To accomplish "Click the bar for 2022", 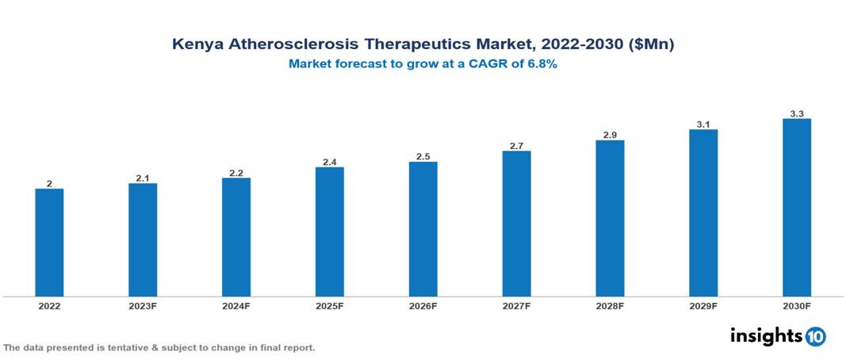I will click(x=49, y=243).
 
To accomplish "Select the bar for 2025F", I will click(x=330, y=232).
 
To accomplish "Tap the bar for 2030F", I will click(x=797, y=208).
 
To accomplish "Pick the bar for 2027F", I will click(x=516, y=224).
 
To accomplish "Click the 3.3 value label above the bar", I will click(x=797, y=114).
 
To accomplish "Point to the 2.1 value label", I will click(x=143, y=178).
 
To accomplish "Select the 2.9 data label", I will click(x=610, y=136).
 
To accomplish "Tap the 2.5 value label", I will click(x=423, y=157).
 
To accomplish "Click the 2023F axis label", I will click(x=143, y=305).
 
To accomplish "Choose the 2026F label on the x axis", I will click(x=423, y=305).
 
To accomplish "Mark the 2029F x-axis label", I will click(x=703, y=305).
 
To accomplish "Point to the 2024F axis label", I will click(x=236, y=305).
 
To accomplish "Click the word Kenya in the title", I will click(x=197, y=45).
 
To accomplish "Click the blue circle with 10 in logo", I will click(x=816, y=336).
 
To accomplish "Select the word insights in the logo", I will click(x=766, y=335).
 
